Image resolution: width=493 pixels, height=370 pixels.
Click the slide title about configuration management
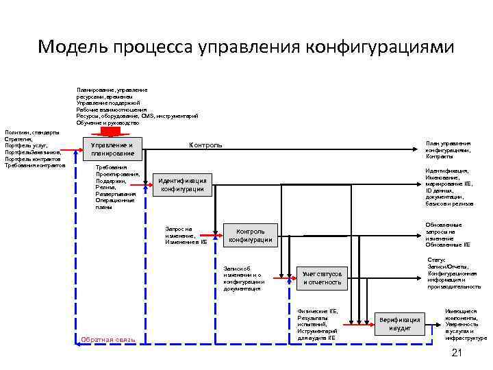click(x=246, y=47)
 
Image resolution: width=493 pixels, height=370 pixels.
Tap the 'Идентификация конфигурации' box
click(x=182, y=184)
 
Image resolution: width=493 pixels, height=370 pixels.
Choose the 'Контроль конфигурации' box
click(x=251, y=235)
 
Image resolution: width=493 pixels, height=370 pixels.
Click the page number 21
click(x=458, y=352)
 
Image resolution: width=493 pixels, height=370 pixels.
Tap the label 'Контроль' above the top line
click(x=205, y=145)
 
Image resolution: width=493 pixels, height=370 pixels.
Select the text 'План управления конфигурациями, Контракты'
click(x=448, y=149)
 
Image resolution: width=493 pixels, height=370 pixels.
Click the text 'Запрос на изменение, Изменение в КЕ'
click(x=186, y=235)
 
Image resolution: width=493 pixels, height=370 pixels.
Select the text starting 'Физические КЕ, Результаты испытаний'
click(x=318, y=324)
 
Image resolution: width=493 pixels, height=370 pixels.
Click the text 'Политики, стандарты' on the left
click(x=31, y=132)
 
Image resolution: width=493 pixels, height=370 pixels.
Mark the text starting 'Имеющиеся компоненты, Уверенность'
click(x=466, y=324)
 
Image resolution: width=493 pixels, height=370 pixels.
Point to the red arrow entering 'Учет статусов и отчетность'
click(x=285, y=277)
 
